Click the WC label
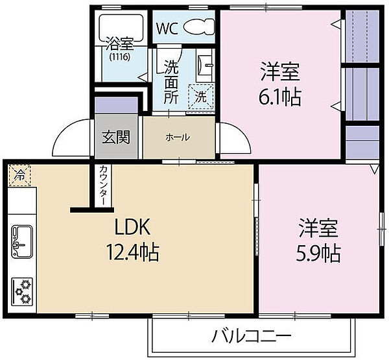167,29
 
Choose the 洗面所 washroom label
171,82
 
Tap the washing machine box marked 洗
200,98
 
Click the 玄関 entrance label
116,137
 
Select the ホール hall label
178,137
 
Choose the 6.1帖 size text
279,98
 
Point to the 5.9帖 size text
319,252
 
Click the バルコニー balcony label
252,336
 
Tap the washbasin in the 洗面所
207,66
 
